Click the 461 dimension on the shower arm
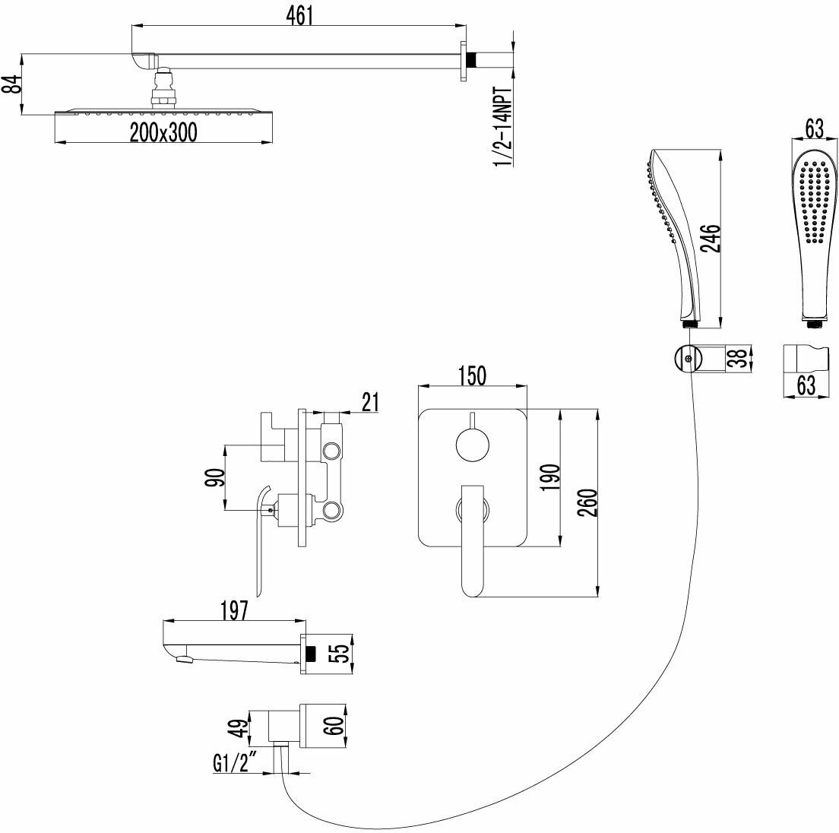(301, 15)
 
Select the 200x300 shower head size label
(163, 132)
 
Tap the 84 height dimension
(11, 84)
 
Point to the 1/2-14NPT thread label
(503, 125)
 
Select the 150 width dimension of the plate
(472, 375)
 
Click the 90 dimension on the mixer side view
(215, 478)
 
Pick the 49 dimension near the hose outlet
(236, 728)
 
